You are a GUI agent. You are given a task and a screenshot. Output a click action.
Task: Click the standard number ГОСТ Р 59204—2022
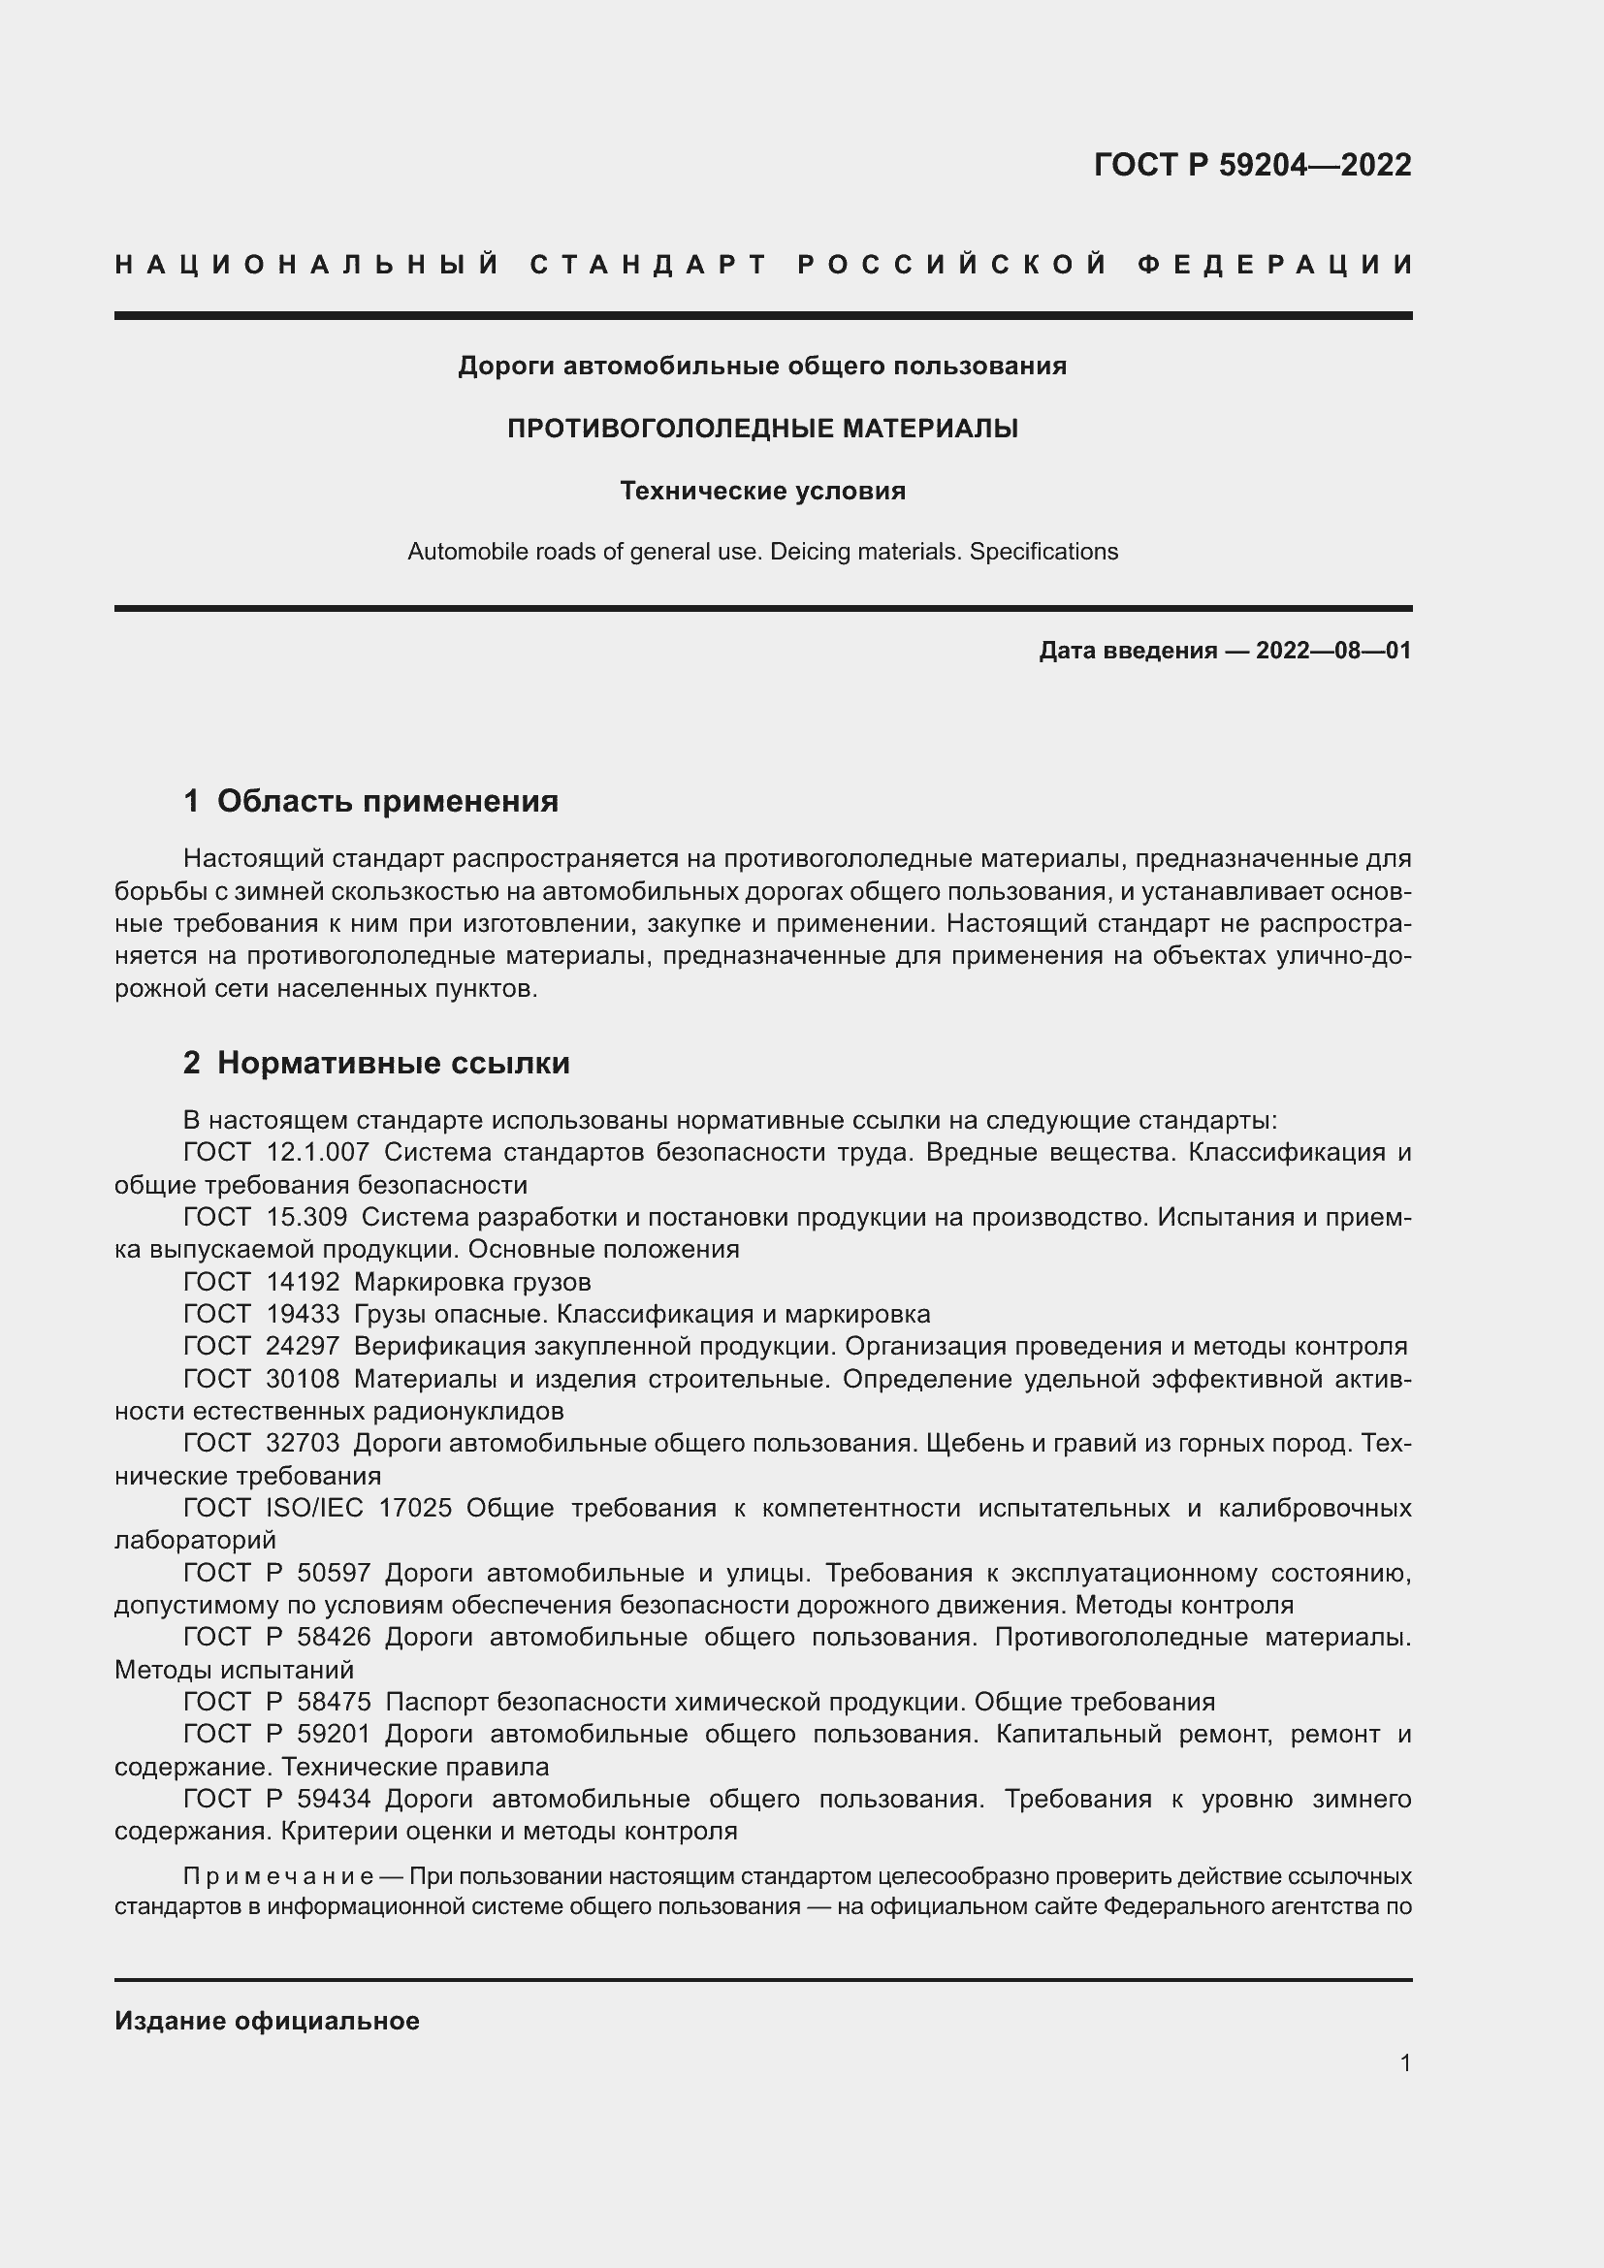click(x=1251, y=165)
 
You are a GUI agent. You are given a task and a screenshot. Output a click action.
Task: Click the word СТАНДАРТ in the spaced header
click(x=648, y=265)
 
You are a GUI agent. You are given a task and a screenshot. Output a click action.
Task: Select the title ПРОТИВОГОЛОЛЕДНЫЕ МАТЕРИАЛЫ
click(x=762, y=429)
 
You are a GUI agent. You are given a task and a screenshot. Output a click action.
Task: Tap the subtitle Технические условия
click(x=762, y=491)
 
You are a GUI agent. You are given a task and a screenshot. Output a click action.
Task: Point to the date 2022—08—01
click(x=1333, y=651)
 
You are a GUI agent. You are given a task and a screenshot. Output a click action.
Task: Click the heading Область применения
click(x=387, y=801)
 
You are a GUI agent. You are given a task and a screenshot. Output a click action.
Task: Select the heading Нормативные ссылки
click(x=393, y=1063)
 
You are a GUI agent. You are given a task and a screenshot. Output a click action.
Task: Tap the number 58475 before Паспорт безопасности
click(x=334, y=1702)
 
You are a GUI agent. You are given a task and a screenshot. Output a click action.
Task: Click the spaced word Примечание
click(x=277, y=1876)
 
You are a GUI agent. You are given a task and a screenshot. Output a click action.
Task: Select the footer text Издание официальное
click(x=267, y=2021)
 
